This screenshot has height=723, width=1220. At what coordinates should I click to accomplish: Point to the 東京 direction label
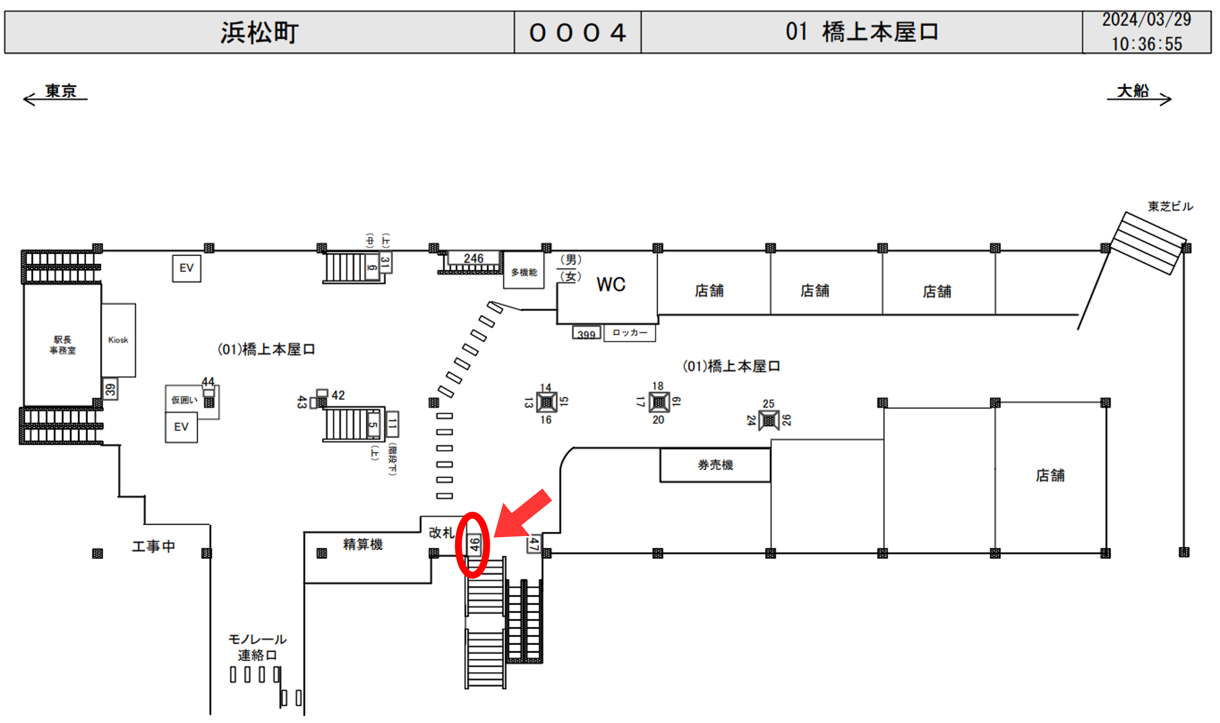pos(61,91)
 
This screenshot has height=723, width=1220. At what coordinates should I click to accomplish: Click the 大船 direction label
pos(1132,91)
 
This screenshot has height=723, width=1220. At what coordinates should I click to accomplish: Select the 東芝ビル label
pos(1170,207)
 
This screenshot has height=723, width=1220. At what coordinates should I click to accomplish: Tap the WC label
pos(611,285)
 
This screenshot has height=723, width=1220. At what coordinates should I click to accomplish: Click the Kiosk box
pos(118,340)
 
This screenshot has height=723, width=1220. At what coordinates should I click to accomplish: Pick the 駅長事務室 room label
pos(62,345)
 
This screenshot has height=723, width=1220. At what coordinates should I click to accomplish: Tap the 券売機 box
pos(715,465)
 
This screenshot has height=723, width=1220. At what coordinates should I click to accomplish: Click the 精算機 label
pos(363,544)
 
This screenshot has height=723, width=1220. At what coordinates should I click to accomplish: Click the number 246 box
pos(473,258)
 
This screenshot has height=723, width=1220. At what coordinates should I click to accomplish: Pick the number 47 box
pos(534,543)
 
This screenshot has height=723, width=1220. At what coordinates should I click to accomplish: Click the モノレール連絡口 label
pos(257,647)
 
